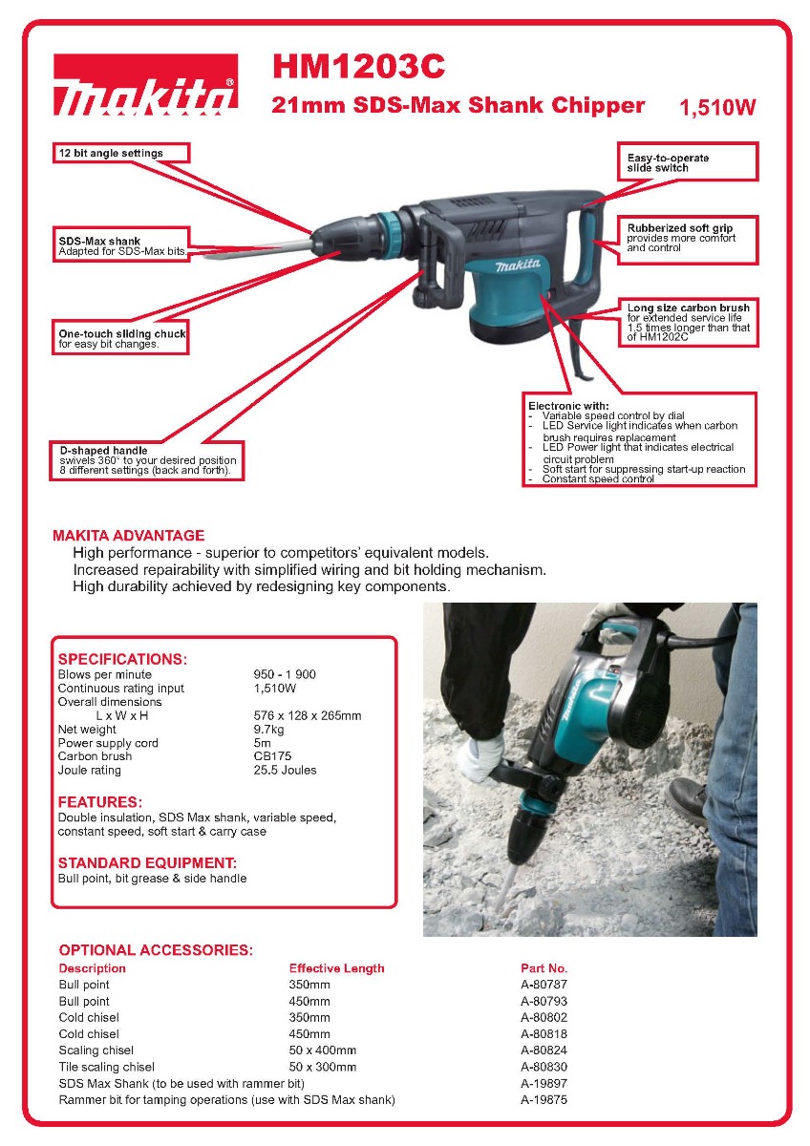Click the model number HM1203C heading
click(358, 67)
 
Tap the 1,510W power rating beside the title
click(716, 108)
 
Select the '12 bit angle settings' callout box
click(120, 153)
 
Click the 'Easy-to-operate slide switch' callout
click(690, 162)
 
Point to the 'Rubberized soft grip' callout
click(690, 238)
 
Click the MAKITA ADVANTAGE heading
click(128, 536)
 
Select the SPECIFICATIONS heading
click(122, 659)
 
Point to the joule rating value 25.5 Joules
click(285, 770)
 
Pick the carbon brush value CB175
click(272, 756)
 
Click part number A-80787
click(544, 985)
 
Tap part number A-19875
click(544, 1100)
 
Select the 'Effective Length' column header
click(336, 968)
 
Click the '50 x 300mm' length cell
click(323, 1067)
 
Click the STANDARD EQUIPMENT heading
click(147, 863)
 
